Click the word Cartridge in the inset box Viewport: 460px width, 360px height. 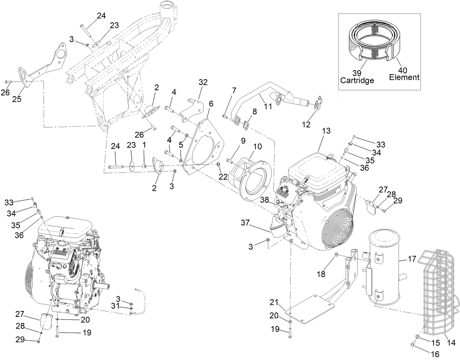[x=357, y=80]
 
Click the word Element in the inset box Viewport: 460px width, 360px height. [x=404, y=77]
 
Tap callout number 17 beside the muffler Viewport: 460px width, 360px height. [x=412, y=259]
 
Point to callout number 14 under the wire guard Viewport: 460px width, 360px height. [x=451, y=343]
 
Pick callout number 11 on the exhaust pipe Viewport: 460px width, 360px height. [x=268, y=106]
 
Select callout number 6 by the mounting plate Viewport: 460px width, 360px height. [x=211, y=103]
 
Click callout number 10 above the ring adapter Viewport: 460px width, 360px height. [x=257, y=147]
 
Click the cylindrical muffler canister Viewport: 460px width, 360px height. [x=382, y=269]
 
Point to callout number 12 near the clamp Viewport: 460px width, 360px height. [x=306, y=125]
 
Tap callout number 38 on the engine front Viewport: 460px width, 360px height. [x=265, y=200]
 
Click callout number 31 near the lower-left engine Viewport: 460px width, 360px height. [x=116, y=306]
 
